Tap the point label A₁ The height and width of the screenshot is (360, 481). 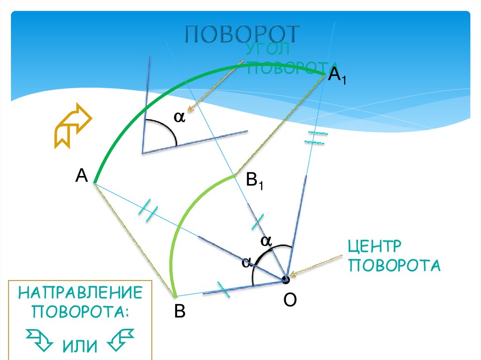click(337, 75)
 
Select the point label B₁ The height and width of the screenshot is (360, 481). click(255, 181)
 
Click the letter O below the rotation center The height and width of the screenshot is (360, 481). click(289, 299)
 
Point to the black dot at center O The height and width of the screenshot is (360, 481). click(286, 280)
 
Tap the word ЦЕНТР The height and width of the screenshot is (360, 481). click(374, 246)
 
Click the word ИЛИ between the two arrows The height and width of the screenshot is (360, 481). click(79, 346)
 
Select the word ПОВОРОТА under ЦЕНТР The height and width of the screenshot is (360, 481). click(394, 265)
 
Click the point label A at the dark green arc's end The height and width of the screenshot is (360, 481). click(81, 176)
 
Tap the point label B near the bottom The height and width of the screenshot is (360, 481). click(179, 311)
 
